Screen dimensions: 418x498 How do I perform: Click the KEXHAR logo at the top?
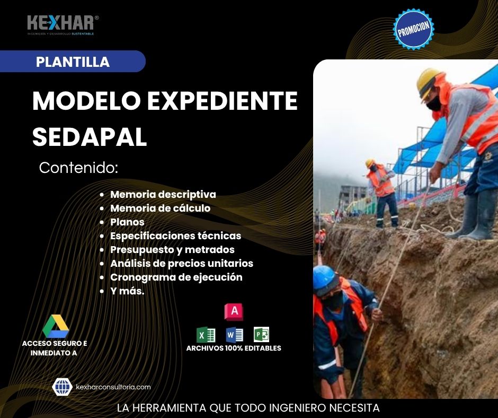pos(62,24)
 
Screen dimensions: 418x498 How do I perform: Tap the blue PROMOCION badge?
pos(414,29)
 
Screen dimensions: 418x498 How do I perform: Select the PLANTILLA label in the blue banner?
pos(73,62)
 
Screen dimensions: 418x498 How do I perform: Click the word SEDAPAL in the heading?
pos(90,137)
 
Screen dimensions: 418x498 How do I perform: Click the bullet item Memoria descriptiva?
pos(163,194)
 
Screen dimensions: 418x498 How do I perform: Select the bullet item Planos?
pos(127,222)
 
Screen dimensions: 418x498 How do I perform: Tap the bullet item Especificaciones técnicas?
pos(175,236)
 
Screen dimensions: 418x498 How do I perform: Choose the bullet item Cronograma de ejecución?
pos(176,277)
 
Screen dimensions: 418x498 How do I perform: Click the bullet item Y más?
pos(127,291)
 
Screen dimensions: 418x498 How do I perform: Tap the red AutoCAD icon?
pos(234,312)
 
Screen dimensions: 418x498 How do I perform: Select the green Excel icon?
pos(206,335)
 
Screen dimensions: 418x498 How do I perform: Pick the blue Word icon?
pos(234,335)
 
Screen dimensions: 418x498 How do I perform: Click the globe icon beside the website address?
pos(63,387)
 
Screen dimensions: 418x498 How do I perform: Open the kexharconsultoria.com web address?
pos(113,387)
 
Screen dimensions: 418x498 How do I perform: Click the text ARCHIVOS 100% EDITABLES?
pos(234,349)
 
